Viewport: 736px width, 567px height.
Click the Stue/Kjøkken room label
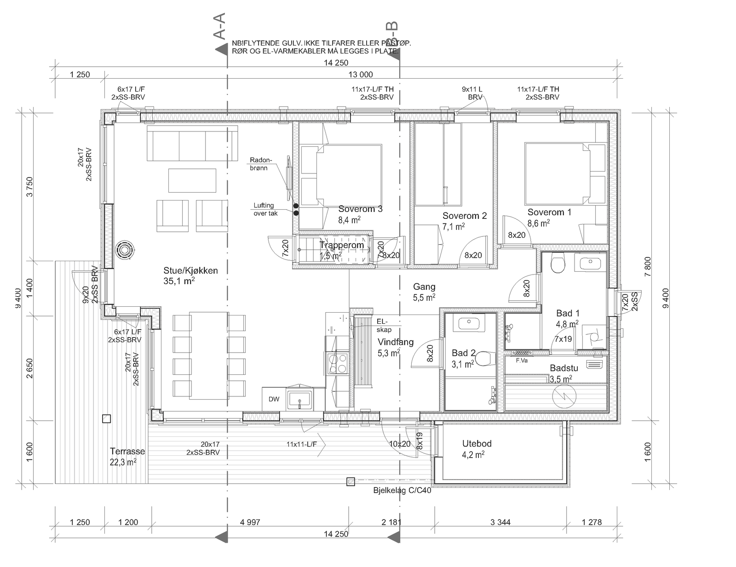(x=190, y=271)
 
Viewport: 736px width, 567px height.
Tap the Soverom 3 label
(x=360, y=209)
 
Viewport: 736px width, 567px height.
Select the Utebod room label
(x=477, y=444)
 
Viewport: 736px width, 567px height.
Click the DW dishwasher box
(x=274, y=399)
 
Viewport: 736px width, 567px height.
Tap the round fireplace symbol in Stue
(x=125, y=251)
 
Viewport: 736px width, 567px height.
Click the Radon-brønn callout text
(x=261, y=164)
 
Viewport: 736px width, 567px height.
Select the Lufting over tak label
(x=265, y=209)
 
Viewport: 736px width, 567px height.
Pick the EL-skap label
(x=383, y=326)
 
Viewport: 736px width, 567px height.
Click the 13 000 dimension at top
(x=360, y=74)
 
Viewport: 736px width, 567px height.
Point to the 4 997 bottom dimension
(x=250, y=522)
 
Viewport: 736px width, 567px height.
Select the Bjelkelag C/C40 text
(x=402, y=491)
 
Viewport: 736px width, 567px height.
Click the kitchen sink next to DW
(x=299, y=398)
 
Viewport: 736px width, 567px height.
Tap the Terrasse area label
(x=127, y=452)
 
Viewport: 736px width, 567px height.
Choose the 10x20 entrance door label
(x=399, y=444)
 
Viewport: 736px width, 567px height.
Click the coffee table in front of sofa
(x=192, y=180)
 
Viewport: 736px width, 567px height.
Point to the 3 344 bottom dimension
(x=500, y=522)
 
